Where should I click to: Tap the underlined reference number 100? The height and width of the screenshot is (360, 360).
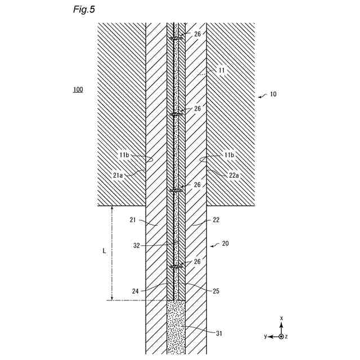coord(77,90)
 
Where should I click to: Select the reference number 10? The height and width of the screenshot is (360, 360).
coord(272,94)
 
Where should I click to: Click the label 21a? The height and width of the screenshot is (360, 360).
coord(118,175)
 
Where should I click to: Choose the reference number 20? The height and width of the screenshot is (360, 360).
coord(225,244)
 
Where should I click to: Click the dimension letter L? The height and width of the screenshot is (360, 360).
coord(104,251)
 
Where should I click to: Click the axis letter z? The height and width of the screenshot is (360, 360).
coord(287,336)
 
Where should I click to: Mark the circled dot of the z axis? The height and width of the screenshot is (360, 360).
coord(281,336)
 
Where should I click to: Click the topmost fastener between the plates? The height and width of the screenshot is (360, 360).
coord(176,39)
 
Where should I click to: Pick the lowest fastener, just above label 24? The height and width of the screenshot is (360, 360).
coord(176,267)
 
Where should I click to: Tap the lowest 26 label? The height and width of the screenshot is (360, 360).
coord(197,262)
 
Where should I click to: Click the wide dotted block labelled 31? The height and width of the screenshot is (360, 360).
coord(176,326)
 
